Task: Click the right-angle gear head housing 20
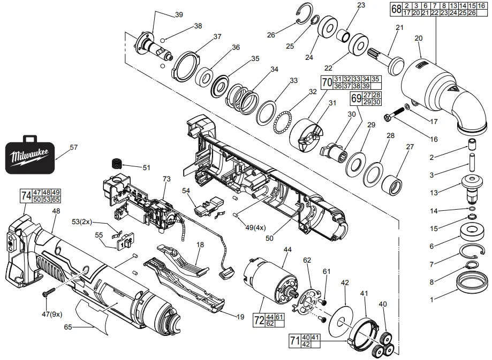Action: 439,94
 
